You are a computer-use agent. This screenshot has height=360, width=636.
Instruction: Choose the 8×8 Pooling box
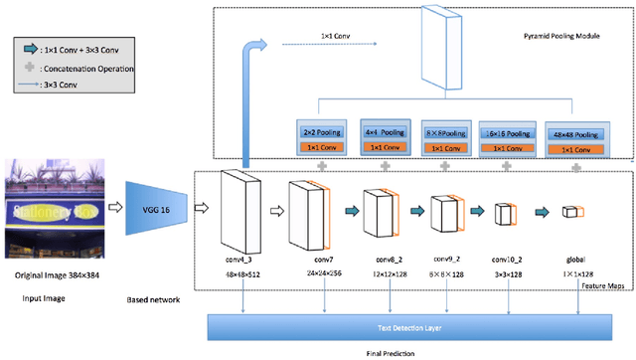click(x=443, y=130)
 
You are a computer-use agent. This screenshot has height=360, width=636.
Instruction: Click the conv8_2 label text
click(x=379, y=257)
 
